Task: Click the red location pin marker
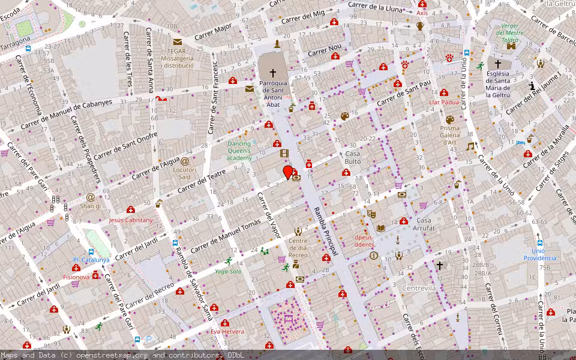(288, 172)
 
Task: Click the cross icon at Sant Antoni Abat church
(273, 73)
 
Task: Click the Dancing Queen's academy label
(239, 151)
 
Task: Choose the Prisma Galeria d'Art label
(450, 135)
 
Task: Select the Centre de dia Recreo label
(298, 248)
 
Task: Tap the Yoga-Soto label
(228, 271)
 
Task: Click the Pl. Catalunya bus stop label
(91, 260)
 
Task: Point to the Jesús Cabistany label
(131, 220)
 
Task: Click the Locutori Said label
(185, 173)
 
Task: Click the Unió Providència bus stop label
(539, 254)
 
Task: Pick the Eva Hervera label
(227, 331)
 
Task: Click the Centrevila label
(418, 289)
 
